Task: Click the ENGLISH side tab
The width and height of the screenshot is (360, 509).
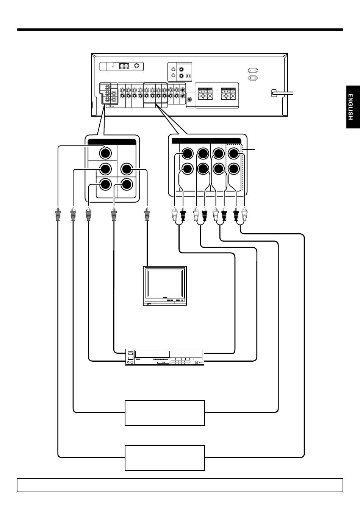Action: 353,107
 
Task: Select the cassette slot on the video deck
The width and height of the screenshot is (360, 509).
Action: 152,354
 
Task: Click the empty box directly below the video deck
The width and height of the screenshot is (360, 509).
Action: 165,413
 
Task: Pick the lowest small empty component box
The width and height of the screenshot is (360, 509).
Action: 165,457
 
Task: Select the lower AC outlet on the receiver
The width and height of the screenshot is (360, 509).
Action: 253,78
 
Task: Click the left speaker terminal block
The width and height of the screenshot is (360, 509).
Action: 205,94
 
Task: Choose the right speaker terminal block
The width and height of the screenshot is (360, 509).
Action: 228,94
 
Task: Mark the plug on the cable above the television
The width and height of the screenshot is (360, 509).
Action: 147,214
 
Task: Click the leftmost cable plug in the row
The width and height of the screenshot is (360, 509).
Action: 58,214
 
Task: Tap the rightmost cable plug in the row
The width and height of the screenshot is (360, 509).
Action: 244,214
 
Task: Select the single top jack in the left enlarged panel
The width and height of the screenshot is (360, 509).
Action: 105,153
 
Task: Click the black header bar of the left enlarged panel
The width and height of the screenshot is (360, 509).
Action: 112,142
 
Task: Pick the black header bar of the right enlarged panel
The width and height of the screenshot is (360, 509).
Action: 206,141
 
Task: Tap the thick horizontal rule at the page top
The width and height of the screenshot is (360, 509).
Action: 180,30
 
